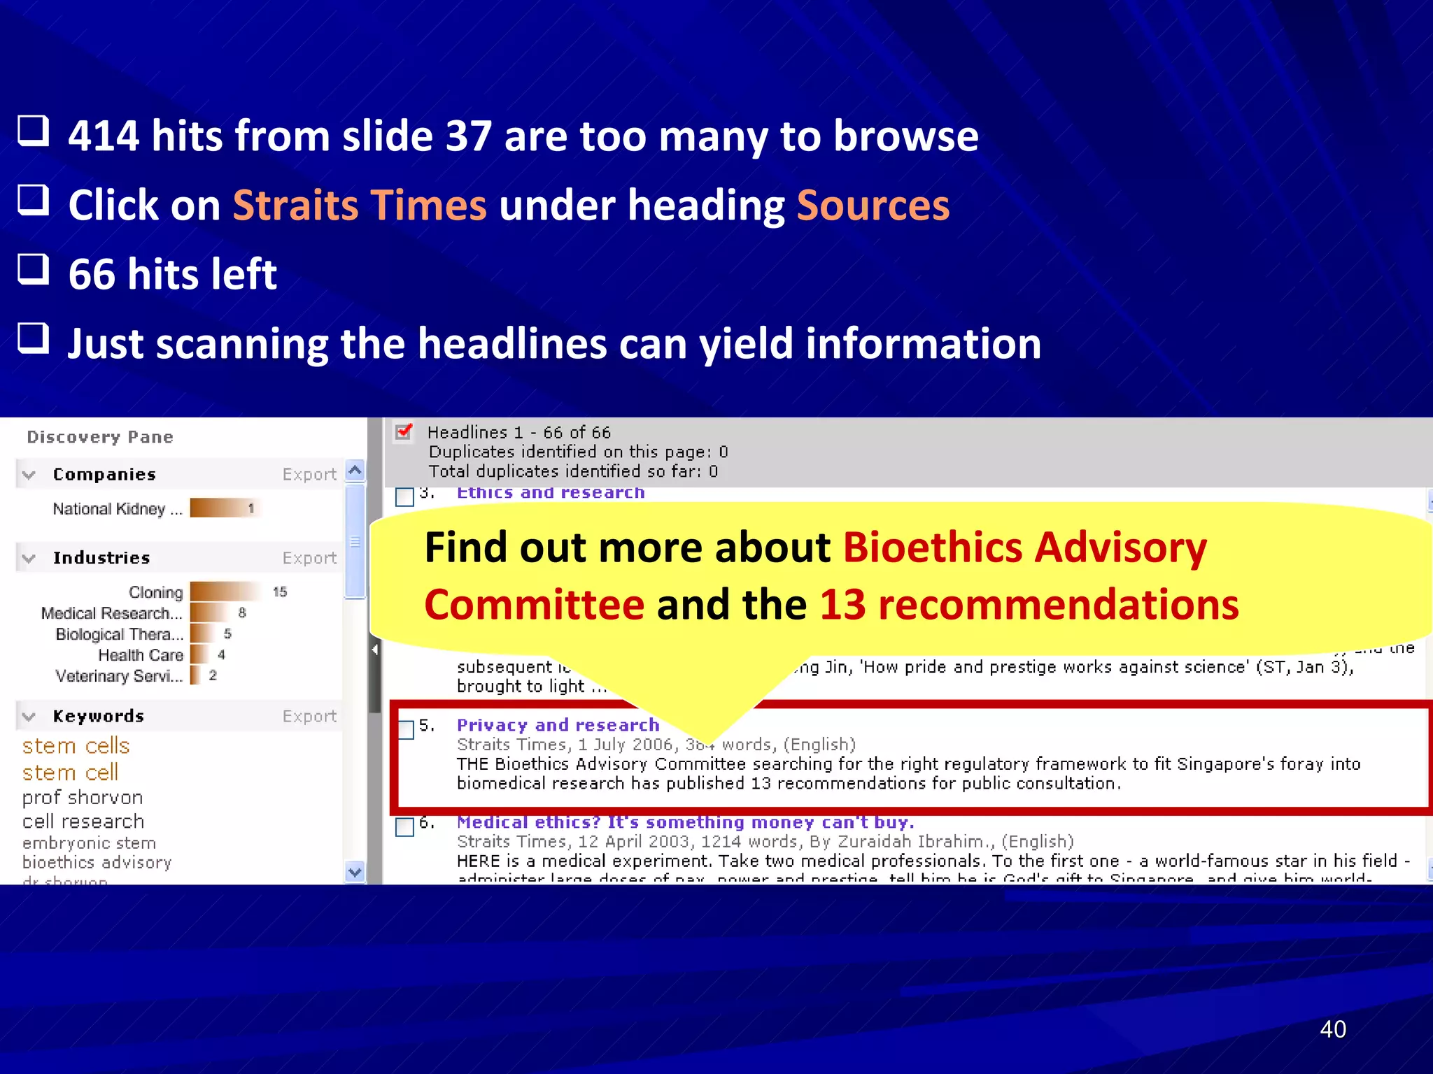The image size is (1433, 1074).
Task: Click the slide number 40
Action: pyautogui.click(x=1332, y=1029)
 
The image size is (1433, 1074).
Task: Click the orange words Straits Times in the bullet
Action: pyautogui.click(x=360, y=206)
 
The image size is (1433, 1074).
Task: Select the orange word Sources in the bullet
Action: pyautogui.click(x=873, y=206)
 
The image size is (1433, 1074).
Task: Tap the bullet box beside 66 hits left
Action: pyautogui.click(x=34, y=269)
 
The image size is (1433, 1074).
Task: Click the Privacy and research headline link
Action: pyautogui.click(x=558, y=725)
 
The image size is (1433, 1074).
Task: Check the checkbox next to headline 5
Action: pyautogui.click(x=405, y=729)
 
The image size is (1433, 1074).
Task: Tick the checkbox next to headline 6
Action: pyautogui.click(x=405, y=826)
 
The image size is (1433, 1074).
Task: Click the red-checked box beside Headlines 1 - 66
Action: pyautogui.click(x=404, y=432)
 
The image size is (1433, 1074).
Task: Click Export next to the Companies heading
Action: pyautogui.click(x=309, y=475)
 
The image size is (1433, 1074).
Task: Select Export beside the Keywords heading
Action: pyautogui.click(x=309, y=717)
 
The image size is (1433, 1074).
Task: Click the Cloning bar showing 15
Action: pyautogui.click(x=225, y=592)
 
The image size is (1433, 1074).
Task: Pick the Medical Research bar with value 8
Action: pyautogui.click(x=208, y=613)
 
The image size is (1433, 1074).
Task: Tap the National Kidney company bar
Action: pyautogui.click(x=223, y=508)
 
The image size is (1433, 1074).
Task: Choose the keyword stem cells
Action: pyautogui.click(x=76, y=746)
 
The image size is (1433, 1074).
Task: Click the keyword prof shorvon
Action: pyautogui.click(x=83, y=798)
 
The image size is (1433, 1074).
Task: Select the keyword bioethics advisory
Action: pyautogui.click(x=97, y=863)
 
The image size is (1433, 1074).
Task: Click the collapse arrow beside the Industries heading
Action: pyautogui.click(x=29, y=559)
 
